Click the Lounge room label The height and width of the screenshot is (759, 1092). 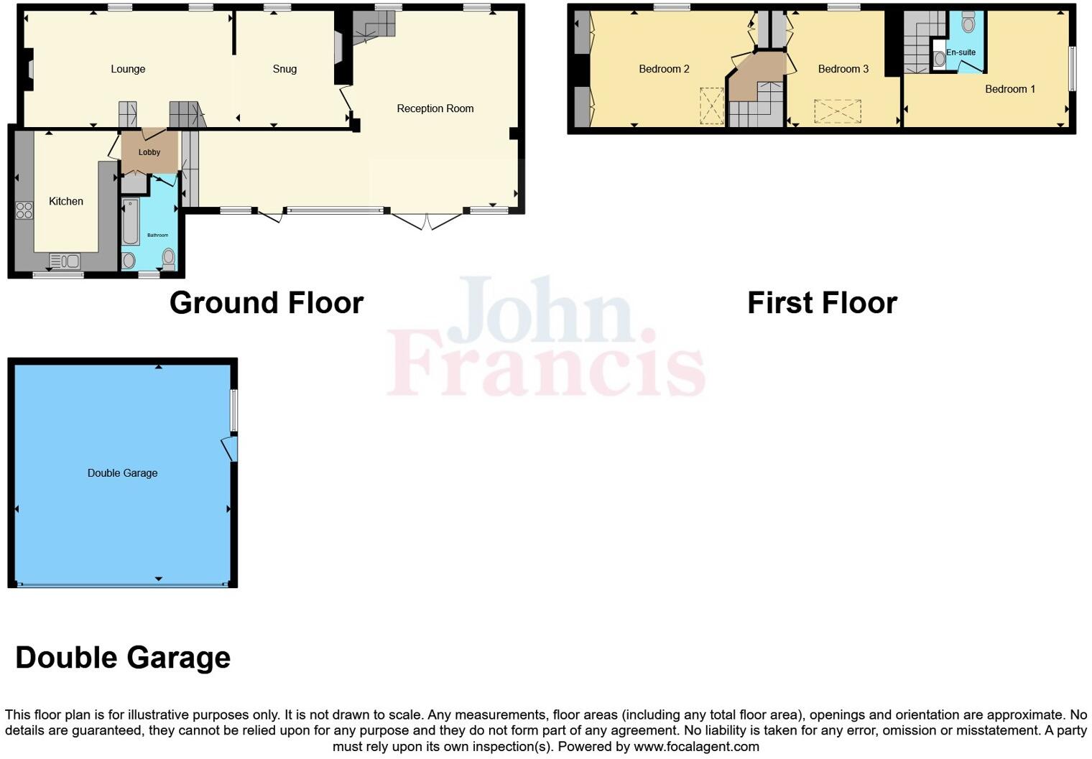click(x=128, y=69)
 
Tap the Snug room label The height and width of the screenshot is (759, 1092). click(x=284, y=69)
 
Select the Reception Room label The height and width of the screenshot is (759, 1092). click(x=435, y=108)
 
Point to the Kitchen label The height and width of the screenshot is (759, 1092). click(x=66, y=201)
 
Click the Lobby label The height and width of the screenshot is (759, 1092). click(x=149, y=152)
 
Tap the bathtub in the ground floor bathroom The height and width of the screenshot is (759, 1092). click(x=131, y=223)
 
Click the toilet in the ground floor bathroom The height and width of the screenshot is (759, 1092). click(x=169, y=259)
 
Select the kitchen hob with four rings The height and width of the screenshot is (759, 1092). click(x=24, y=210)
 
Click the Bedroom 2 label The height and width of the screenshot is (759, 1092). click(x=664, y=69)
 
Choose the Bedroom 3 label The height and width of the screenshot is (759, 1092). click(x=843, y=69)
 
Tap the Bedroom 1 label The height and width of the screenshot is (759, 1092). click(x=1009, y=89)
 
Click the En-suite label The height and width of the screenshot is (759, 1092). click(x=961, y=52)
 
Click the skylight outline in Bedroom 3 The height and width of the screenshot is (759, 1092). click(x=837, y=111)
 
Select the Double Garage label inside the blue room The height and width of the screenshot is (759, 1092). click(x=122, y=473)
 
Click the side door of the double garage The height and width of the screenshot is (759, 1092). click(x=230, y=448)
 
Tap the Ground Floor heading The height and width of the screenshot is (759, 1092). click(x=267, y=303)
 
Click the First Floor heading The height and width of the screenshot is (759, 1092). click(x=822, y=303)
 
